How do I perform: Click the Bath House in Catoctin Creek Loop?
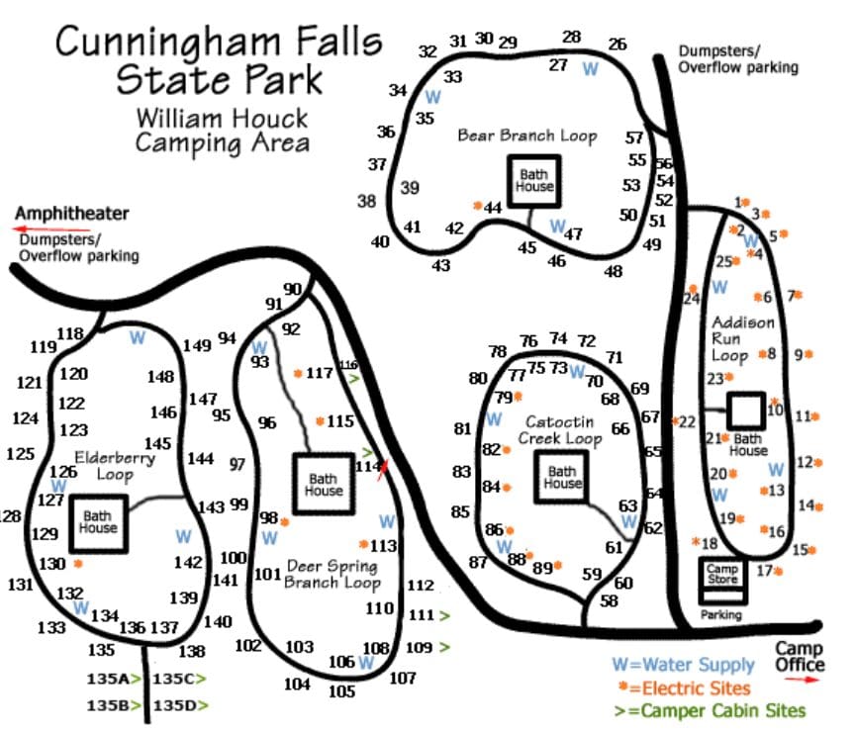click(x=562, y=478)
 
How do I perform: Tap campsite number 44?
click(x=492, y=207)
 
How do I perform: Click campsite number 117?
click(x=320, y=373)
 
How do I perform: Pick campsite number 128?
click(x=10, y=515)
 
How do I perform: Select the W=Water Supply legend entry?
click(x=682, y=666)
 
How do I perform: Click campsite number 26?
click(x=617, y=45)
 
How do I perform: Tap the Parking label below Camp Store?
click(x=721, y=614)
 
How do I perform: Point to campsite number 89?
click(x=542, y=568)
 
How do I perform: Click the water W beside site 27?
click(x=591, y=67)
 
